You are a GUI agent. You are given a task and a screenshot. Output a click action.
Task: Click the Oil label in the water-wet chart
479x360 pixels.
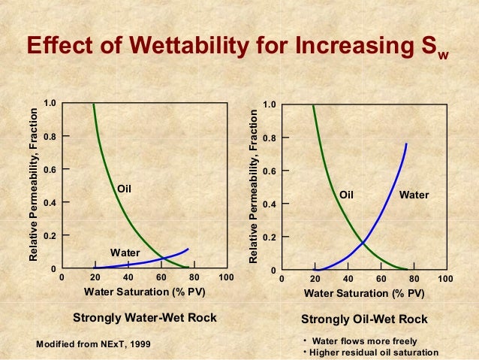click(x=124, y=189)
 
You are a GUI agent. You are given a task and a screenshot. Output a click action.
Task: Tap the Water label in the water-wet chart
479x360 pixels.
click(x=125, y=253)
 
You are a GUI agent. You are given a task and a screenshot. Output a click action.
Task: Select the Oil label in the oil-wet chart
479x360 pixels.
click(x=346, y=195)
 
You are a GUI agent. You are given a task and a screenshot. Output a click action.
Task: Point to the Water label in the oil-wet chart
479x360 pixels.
click(x=414, y=195)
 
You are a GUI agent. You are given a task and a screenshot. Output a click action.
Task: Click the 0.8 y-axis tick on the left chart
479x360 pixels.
click(x=50, y=136)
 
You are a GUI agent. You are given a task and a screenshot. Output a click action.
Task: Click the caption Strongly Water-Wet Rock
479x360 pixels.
click(x=144, y=318)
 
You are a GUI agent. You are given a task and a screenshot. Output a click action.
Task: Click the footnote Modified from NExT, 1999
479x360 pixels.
click(x=94, y=343)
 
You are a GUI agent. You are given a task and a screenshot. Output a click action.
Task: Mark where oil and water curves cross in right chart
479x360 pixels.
click(x=363, y=242)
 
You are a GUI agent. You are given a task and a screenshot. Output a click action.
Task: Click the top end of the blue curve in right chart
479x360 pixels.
click(x=406, y=144)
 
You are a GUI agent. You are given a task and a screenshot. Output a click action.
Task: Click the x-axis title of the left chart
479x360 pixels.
click(x=144, y=292)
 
